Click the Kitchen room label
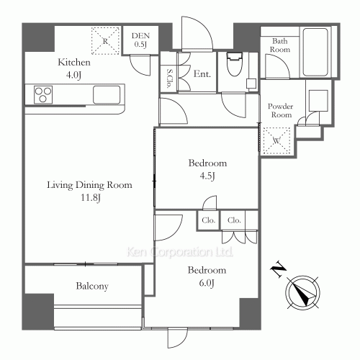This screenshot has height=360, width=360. click(x=74, y=63)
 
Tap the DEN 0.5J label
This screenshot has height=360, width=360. click(x=140, y=40)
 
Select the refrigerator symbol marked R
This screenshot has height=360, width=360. click(x=105, y=41)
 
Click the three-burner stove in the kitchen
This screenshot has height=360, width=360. click(x=43, y=94)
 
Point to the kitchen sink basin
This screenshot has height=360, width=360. click(x=107, y=94)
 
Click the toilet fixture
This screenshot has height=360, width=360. click(x=234, y=63)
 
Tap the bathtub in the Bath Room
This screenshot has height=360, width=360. click(x=315, y=52)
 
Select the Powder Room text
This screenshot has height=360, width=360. click(x=281, y=110)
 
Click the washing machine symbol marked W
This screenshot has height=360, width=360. click(x=276, y=140)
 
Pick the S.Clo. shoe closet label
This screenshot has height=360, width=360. click(x=169, y=78)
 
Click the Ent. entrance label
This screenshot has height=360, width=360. click(x=202, y=74)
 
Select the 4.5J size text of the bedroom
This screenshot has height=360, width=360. click(x=207, y=176)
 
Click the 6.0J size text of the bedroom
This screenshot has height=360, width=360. click(x=207, y=283)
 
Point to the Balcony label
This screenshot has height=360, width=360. click(x=92, y=286)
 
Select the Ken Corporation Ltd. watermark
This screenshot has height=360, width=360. click(x=180, y=252)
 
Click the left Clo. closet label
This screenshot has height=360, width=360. click(x=208, y=220)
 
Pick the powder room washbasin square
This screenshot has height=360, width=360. click(x=318, y=100)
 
